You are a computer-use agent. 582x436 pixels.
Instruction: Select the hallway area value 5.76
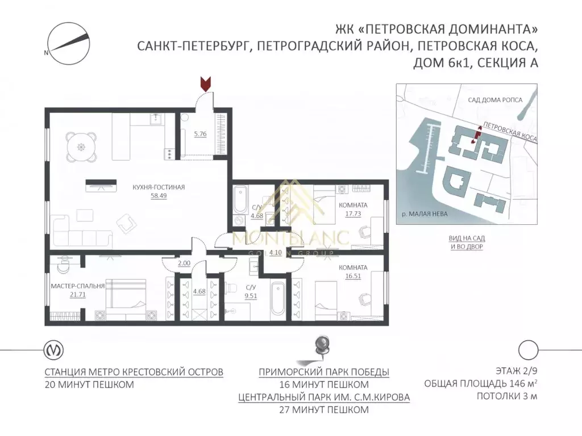coord(200,135)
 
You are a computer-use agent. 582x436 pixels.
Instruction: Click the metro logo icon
coord(53,349)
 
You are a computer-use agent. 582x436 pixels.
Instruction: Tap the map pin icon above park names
coord(323,347)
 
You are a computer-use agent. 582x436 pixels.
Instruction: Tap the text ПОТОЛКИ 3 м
coord(507,396)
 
